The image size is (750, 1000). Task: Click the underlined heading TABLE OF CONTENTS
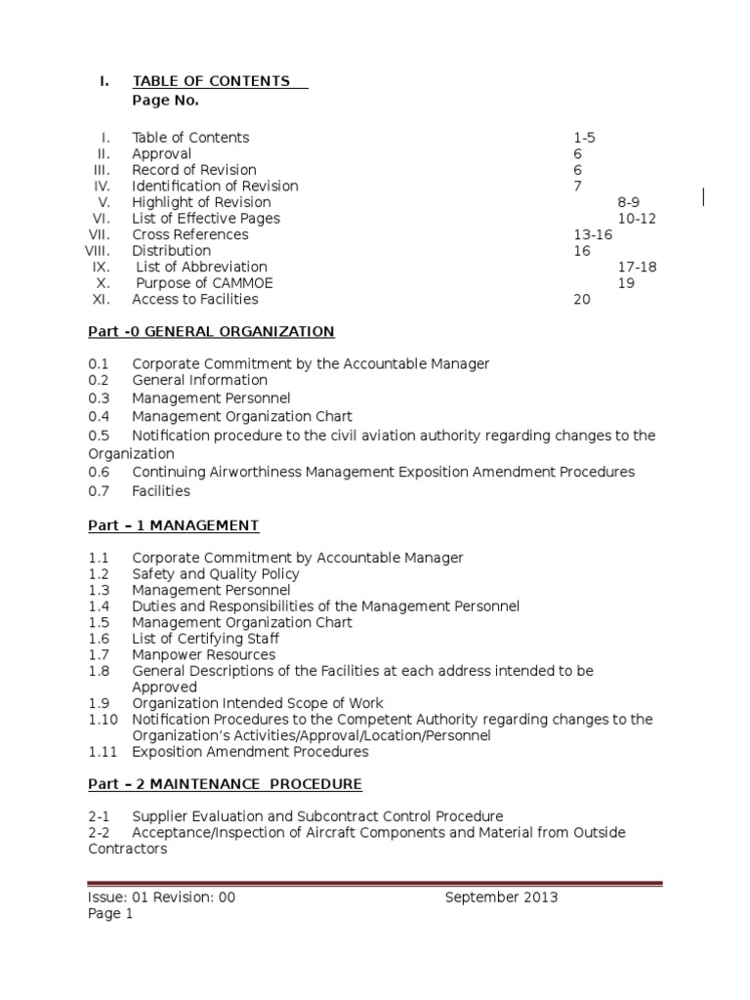point(211,81)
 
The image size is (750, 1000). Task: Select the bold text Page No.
point(165,101)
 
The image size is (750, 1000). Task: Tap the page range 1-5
point(584,138)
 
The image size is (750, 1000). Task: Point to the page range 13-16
point(593,234)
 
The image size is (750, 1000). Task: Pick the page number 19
point(626,283)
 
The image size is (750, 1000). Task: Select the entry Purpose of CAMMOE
point(204,283)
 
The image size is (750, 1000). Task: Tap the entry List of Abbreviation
point(201,267)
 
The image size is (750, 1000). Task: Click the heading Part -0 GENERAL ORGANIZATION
point(211,332)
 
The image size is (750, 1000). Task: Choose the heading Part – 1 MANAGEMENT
point(173,525)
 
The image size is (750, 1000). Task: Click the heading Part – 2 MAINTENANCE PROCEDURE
point(225,784)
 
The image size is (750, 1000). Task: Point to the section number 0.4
point(99,416)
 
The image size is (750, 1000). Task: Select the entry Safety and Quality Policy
point(216,574)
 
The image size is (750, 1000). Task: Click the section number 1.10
point(103,720)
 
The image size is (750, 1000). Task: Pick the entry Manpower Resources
point(203,655)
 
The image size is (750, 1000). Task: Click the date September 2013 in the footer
point(501,897)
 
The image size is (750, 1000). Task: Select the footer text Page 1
point(110,914)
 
